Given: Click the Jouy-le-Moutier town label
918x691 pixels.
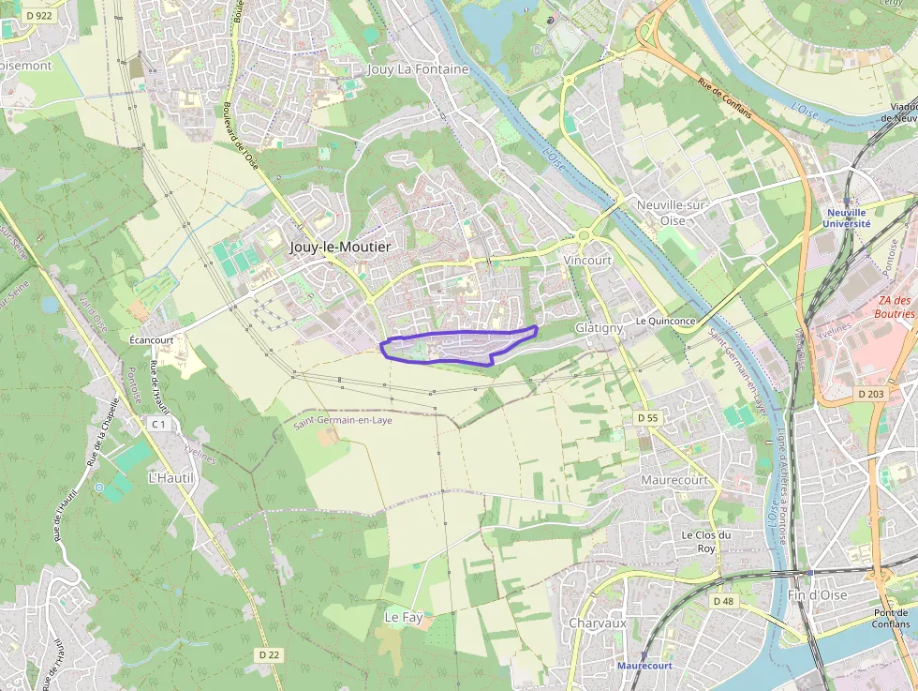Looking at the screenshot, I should point(340,247).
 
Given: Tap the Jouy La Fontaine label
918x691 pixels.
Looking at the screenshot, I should point(418,69).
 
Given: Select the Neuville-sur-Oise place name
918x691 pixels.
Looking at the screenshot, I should point(673,213).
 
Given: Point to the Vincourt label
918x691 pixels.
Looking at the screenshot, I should point(588,260).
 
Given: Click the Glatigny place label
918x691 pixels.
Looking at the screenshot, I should point(600,328).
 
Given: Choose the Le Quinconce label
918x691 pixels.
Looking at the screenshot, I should point(665,321).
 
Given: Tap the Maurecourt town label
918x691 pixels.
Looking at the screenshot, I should point(674,479).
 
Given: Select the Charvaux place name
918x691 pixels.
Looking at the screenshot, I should point(598,623).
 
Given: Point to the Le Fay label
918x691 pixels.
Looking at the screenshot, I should point(404,617).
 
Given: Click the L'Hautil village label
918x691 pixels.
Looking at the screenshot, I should point(170,477).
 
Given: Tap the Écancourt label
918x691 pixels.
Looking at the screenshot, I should point(151,339).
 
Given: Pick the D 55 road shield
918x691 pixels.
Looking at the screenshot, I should point(647,417).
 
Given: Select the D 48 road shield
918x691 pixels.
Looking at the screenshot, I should point(722,600).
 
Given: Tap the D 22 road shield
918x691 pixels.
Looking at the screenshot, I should point(269,653).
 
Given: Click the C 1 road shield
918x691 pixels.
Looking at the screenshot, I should point(158,424).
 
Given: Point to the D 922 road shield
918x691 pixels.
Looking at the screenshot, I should point(38,15).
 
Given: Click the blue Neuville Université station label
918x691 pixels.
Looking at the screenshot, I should point(847,218).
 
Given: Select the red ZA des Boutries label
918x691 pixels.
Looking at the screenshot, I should point(895,308).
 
